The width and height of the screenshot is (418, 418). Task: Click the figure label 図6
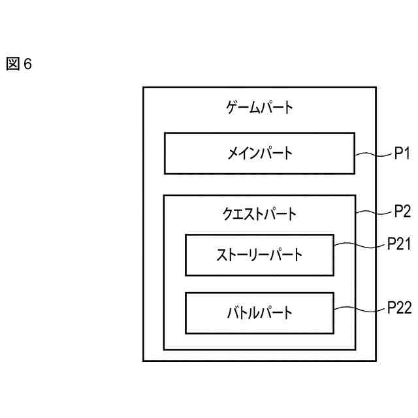[x=19, y=64]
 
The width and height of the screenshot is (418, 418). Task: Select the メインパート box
[x=259, y=153]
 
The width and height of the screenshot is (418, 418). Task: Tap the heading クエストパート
[x=259, y=214]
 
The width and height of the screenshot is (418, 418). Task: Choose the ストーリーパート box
[x=259, y=255]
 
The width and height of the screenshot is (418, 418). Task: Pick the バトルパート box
[x=259, y=312]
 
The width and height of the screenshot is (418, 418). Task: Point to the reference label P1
[x=401, y=154]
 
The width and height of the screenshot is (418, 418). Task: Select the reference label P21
[x=398, y=244]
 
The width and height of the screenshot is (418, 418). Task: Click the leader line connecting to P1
[x=374, y=155]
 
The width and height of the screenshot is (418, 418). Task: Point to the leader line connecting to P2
[x=374, y=213]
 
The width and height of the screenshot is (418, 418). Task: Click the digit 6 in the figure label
[x=27, y=64]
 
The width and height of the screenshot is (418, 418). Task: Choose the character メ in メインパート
[x=233, y=153]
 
